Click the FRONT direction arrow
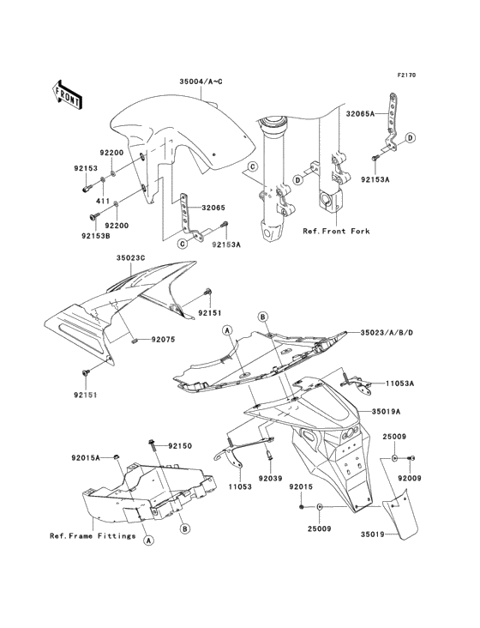tap(67, 95)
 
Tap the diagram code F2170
tap(406, 75)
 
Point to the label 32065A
tap(360, 114)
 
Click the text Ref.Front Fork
tap(336, 231)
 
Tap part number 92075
tap(163, 340)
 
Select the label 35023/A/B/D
tap(387, 332)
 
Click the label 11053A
tap(399, 383)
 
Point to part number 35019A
tap(387, 411)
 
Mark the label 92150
tap(180, 446)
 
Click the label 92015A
tap(86, 458)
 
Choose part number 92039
tap(270, 478)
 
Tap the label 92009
tap(409, 478)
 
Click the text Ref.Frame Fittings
tap(93, 536)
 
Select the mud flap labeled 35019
tap(401, 513)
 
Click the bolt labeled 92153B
tap(93, 217)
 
